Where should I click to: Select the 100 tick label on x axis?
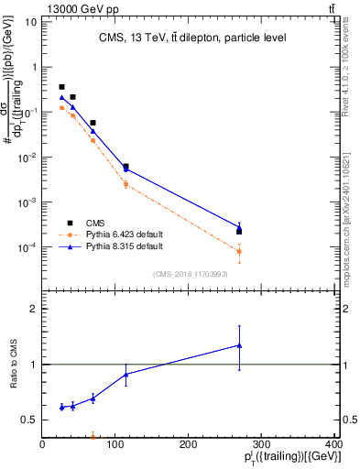tap(115, 445)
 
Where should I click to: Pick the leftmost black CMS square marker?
tap(61, 87)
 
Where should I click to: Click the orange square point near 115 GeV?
tap(125, 184)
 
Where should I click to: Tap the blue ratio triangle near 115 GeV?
tap(125, 374)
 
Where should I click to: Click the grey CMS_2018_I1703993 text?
tap(188, 273)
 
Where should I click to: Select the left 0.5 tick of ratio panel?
tap(32, 420)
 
